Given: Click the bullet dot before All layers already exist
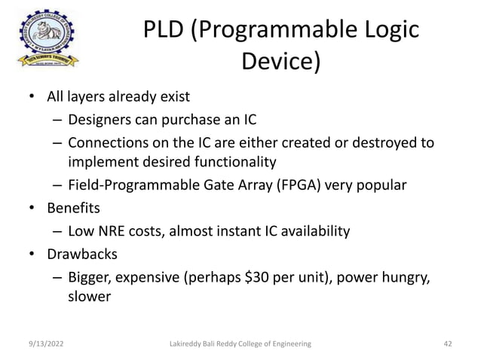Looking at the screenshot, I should [31, 97].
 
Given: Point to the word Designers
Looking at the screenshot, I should [100, 120].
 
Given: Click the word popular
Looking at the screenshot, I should [381, 185].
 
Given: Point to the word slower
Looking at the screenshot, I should [90, 297].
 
